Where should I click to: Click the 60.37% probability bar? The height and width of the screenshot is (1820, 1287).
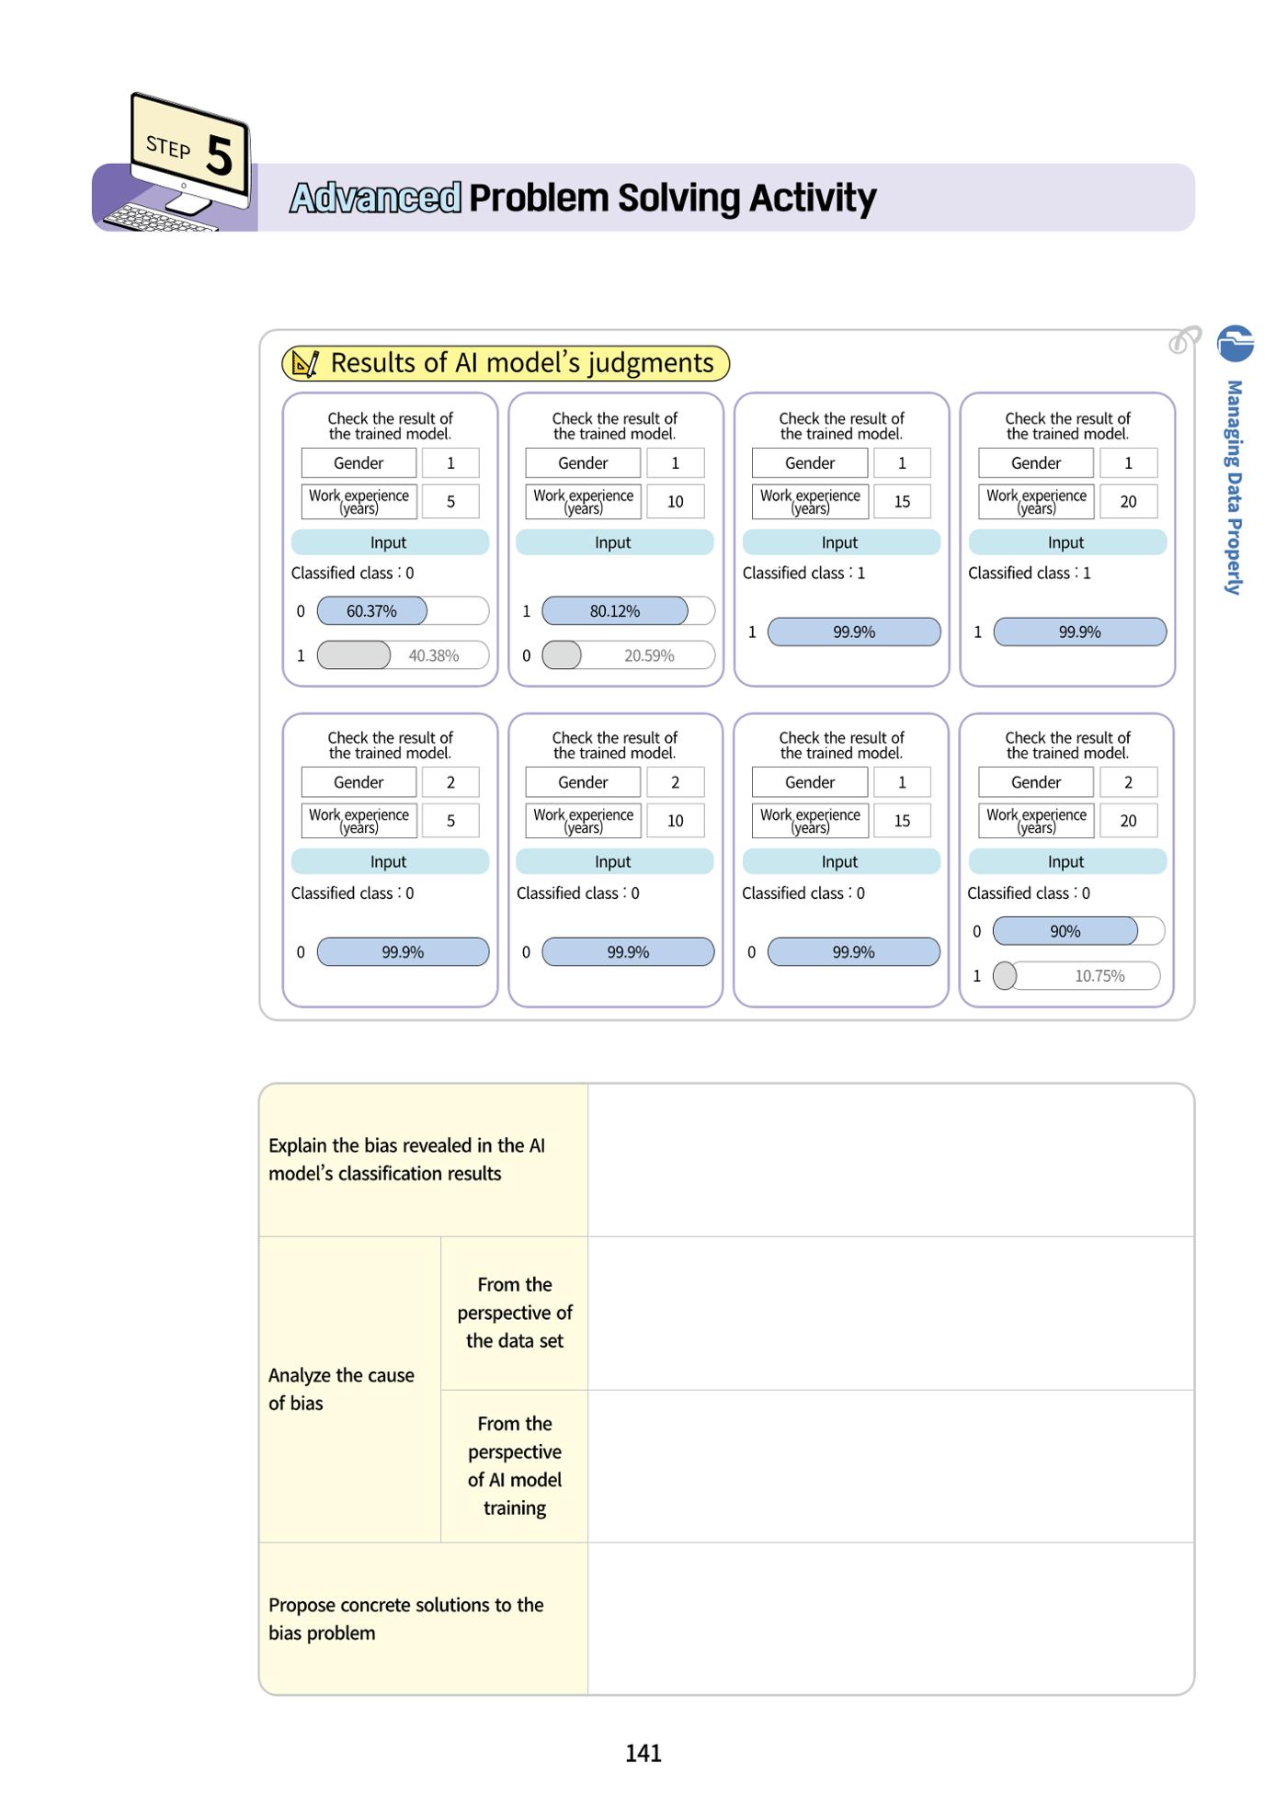372,610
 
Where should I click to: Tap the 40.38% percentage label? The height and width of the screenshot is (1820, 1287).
434,655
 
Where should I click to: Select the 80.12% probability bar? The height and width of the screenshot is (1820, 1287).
615,610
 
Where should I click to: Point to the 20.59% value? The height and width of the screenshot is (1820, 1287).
649,655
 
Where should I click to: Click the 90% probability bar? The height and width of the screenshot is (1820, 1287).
1065,931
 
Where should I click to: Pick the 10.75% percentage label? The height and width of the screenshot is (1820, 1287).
1099,975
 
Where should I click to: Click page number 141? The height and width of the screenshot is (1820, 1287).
643,1753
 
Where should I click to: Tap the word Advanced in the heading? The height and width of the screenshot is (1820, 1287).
375,198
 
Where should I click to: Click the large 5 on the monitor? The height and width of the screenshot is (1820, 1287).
219,155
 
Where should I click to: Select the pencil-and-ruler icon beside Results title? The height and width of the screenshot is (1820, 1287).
304,363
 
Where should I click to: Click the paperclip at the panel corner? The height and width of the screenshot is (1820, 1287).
1185,339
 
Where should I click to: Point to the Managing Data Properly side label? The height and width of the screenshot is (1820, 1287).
1235,487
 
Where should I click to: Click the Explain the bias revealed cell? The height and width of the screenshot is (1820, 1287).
424,1160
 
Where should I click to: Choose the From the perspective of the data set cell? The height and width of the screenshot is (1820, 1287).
515,1313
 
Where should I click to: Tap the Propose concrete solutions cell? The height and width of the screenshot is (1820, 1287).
424,1619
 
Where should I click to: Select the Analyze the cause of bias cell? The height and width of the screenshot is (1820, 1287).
350,1389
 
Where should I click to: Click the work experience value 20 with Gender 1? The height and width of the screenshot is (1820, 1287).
1128,502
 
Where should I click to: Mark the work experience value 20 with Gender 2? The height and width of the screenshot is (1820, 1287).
1128,821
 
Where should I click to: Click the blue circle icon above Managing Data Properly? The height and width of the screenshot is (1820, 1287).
1235,343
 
